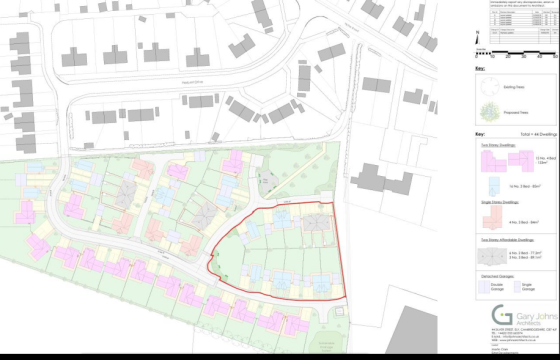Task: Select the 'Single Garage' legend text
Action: coord(529,288)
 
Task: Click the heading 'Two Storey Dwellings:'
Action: coord(495,146)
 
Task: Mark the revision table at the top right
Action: coord(515,19)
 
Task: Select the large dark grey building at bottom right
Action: coord(410,330)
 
